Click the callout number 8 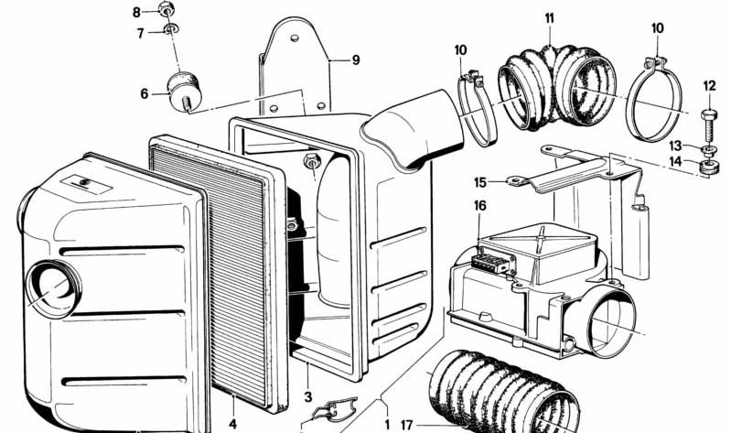point(137,12)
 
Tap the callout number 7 point(141,34)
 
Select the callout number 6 point(145,92)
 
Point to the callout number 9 point(356,60)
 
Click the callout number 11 point(549,17)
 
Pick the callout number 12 point(709,86)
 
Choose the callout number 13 point(674,146)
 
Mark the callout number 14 point(674,162)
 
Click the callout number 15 point(480,181)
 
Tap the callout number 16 point(479,207)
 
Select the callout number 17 point(406,424)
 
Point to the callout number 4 point(232,424)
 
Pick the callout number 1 point(386,424)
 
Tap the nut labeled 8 point(167,10)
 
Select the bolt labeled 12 point(709,119)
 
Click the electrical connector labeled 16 point(489,258)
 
